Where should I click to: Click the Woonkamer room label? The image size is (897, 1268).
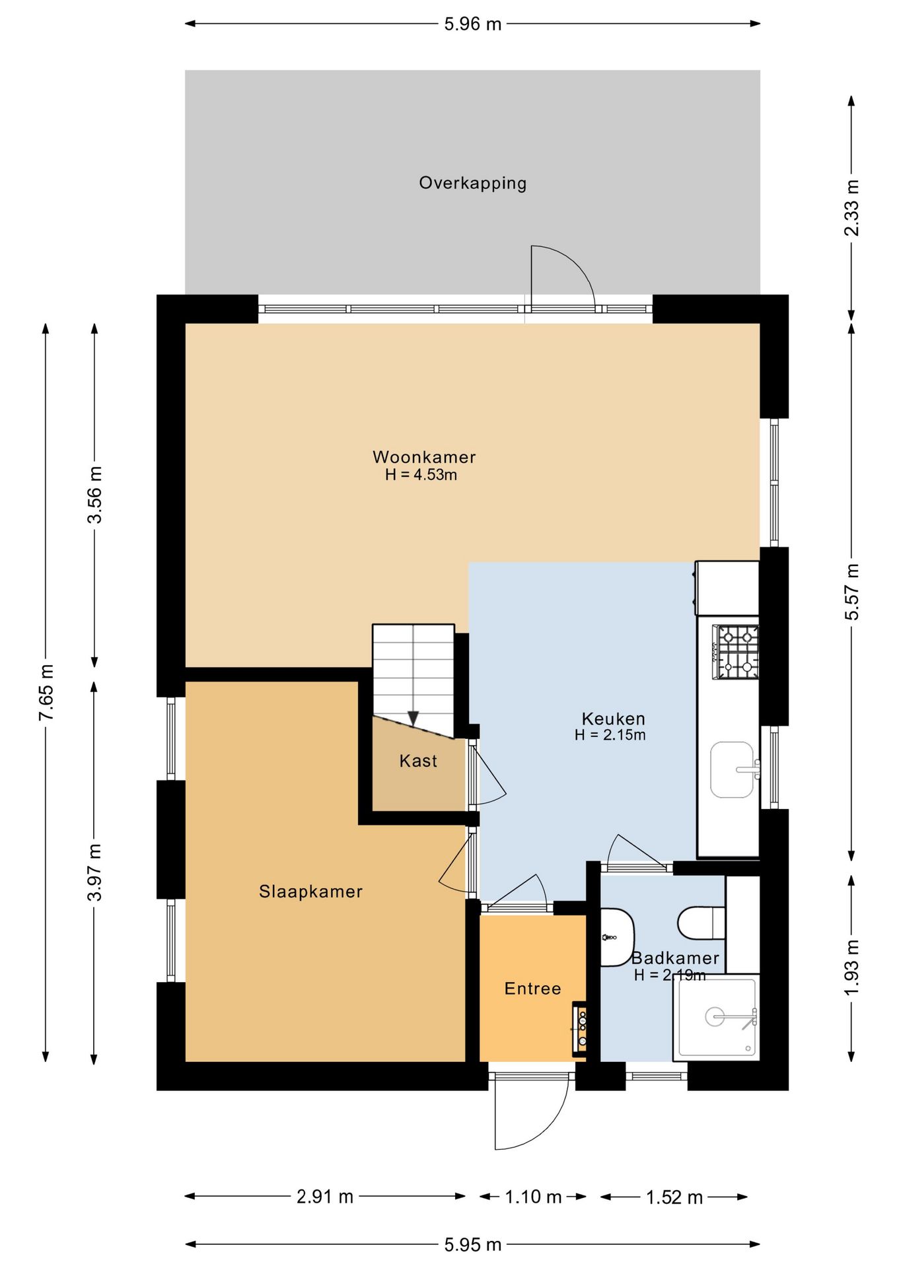point(424,457)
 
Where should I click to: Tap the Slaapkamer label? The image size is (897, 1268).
point(310,892)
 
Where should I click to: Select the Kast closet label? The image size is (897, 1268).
point(418,761)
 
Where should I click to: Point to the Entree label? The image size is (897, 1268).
point(532,989)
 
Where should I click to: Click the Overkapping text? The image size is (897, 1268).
point(473,183)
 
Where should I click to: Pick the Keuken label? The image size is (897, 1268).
point(613,719)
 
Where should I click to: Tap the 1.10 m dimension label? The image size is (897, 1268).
point(533,1197)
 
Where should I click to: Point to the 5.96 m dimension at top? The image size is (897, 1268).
point(473,24)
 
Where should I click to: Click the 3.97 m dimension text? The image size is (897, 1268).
point(94,872)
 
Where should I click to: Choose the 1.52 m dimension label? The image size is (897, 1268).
point(674,1197)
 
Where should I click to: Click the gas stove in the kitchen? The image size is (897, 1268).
point(735,652)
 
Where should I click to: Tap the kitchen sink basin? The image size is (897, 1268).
point(732,769)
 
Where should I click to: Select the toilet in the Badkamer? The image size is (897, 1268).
point(701,923)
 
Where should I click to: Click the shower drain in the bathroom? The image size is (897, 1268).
point(715,1016)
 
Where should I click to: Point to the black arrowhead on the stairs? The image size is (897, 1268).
point(413,719)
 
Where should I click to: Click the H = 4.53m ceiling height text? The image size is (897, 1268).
point(421,475)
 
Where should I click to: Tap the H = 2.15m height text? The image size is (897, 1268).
point(610,735)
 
